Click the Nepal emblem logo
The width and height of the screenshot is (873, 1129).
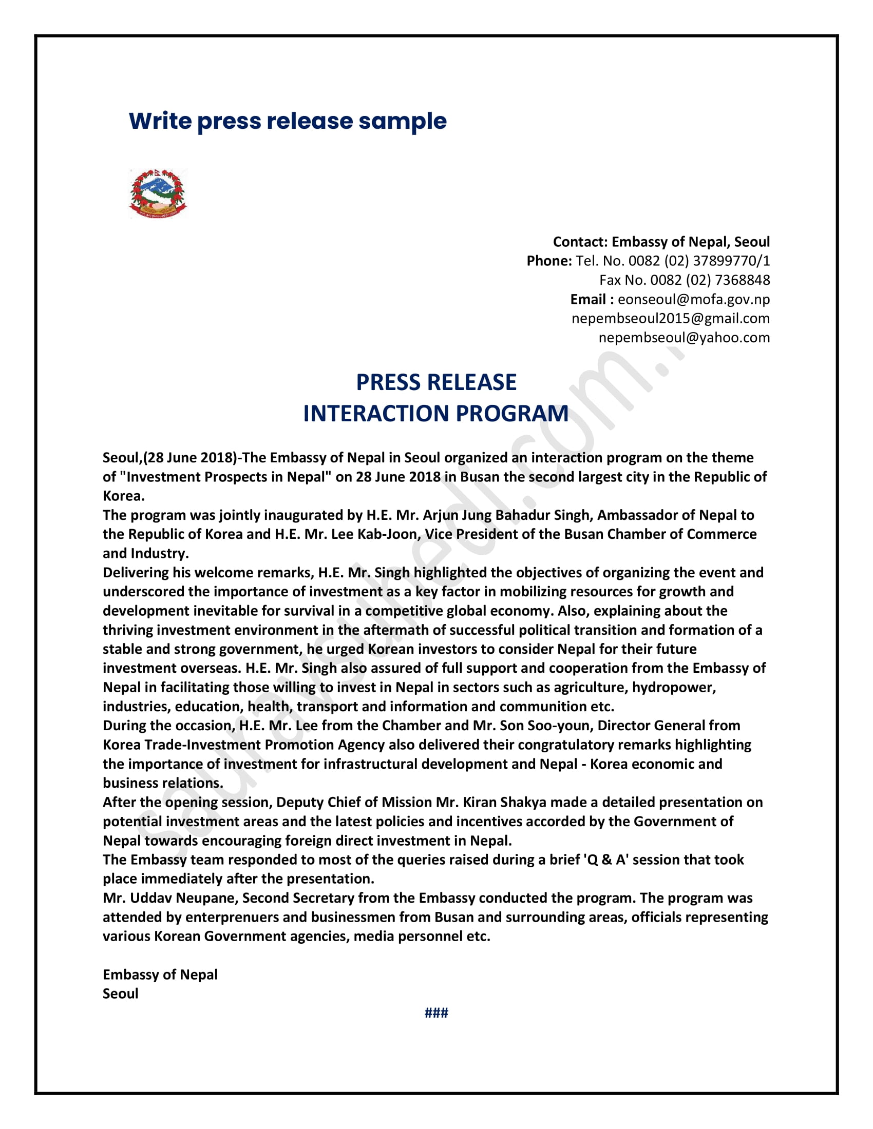[x=158, y=193]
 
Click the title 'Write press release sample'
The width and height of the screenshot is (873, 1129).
[x=288, y=121]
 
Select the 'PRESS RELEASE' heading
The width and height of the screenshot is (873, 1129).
[x=436, y=382]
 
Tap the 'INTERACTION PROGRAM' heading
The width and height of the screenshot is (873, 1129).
[x=436, y=414]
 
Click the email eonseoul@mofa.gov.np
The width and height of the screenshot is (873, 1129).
[x=694, y=299]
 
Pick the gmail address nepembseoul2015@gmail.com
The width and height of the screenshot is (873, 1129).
[x=670, y=319]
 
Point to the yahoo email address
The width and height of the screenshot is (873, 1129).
[x=684, y=338]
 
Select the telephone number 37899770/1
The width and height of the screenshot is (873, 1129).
[x=731, y=261]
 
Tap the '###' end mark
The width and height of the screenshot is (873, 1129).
[x=436, y=1013]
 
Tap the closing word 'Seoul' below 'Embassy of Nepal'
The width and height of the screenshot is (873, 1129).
[x=121, y=994]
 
